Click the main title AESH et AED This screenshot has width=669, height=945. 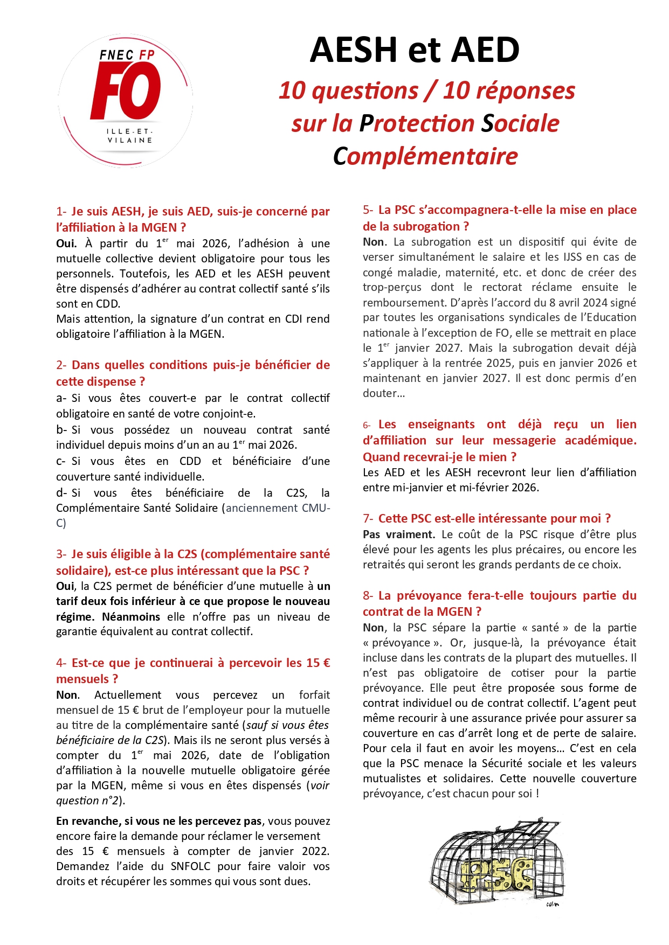[x=415, y=50]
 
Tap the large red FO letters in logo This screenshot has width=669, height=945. [x=126, y=91]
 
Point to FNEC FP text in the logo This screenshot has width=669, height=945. [x=127, y=55]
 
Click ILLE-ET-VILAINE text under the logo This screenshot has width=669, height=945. [x=129, y=136]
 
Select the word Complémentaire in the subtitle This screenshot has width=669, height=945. [x=425, y=156]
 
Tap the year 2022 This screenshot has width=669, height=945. [x=315, y=851]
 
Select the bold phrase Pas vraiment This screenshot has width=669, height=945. [x=398, y=534]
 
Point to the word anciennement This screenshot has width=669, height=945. [x=261, y=508]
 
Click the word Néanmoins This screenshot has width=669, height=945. [x=131, y=617]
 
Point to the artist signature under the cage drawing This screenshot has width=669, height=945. [x=552, y=905]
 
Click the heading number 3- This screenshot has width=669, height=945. [x=61, y=554]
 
